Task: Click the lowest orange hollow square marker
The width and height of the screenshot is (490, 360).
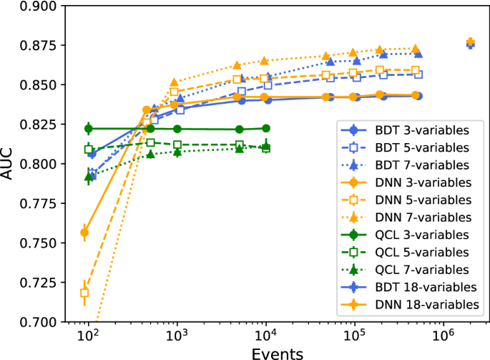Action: point(84,293)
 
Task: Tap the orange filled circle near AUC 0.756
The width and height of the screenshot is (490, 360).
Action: point(84,233)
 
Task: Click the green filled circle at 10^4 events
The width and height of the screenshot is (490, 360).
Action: point(266,128)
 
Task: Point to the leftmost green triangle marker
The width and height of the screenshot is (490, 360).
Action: point(89,176)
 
